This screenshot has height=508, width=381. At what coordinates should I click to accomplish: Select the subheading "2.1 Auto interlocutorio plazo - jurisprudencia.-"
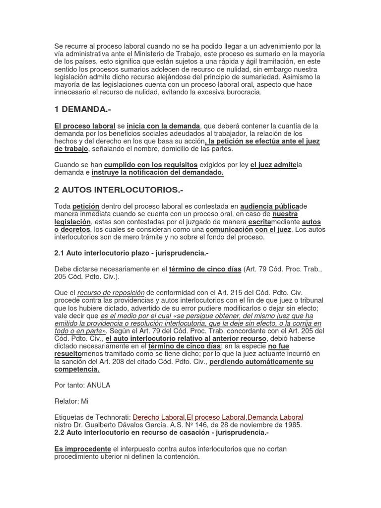tap(131, 253)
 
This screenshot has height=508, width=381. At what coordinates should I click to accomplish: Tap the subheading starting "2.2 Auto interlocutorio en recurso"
tap(161, 433)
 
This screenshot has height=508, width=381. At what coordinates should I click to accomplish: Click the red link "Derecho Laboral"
tap(159, 418)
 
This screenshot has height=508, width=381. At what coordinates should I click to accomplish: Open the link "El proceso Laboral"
tap(216, 418)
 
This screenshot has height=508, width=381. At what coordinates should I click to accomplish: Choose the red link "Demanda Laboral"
tap(275, 418)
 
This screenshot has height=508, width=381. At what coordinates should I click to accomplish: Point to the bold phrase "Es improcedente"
tap(82, 449)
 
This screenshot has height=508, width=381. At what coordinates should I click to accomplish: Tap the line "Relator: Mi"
tap(71, 401)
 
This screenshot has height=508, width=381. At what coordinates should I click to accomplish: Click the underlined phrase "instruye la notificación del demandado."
tap(158, 173)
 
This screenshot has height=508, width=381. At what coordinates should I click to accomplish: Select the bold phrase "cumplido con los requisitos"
tap(151, 165)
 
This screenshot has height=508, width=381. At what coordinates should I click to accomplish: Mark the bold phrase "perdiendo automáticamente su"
tap(261, 362)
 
